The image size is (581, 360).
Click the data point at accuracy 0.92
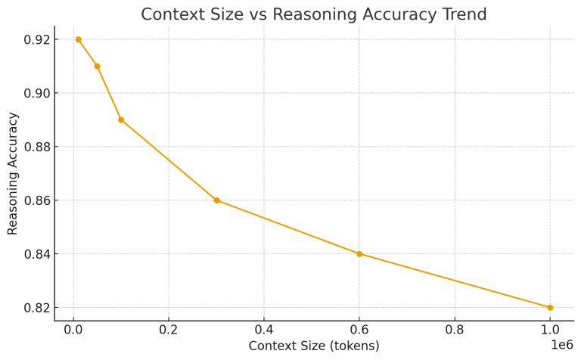tap(78, 39)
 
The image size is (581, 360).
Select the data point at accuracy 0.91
tap(97, 67)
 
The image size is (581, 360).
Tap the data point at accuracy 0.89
tap(121, 120)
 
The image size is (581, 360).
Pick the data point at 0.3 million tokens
tap(216, 200)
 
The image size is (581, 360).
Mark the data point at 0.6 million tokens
tap(359, 254)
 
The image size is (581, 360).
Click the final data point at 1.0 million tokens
tap(550, 307)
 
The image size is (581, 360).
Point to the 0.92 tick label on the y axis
tap(36, 39)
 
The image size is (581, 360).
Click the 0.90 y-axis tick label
tap(36, 93)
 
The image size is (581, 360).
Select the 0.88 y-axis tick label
tap(36, 147)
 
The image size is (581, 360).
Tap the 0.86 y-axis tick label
tap(36, 200)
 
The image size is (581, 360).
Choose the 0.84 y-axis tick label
tap(36, 254)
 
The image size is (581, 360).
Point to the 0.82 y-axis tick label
tap(36, 308)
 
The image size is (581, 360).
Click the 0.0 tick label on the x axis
tap(73, 329)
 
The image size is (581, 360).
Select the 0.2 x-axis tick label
tap(169, 329)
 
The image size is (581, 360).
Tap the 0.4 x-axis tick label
tap(264, 329)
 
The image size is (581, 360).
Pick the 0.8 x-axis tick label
tap(455, 329)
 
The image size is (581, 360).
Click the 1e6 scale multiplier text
tap(562, 345)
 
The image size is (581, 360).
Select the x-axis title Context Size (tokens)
tap(314, 346)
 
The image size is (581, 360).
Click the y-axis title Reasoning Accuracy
tap(13, 173)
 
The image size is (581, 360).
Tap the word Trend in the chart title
tap(464, 14)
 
